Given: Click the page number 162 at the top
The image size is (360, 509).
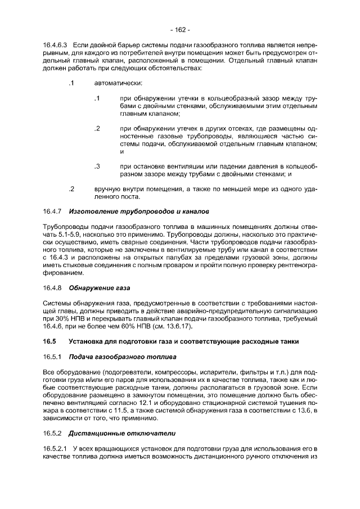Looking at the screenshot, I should click(180, 29).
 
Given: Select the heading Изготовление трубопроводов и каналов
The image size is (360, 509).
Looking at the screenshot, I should click(138, 211).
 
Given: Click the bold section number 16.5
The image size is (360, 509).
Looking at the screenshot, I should click(49, 341).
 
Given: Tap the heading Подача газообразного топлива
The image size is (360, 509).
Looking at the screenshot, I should click(122, 357).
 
